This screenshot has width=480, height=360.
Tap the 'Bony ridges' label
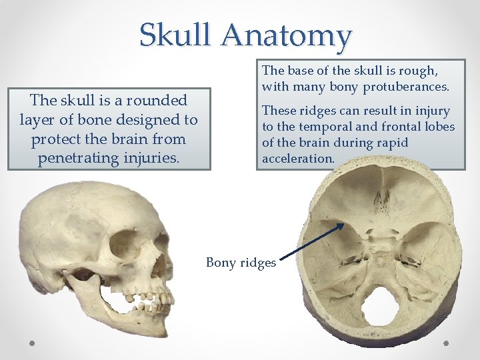click(x=241, y=263)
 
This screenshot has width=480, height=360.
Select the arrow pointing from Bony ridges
click(x=311, y=241)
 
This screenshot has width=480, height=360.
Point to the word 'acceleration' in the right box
click(x=297, y=159)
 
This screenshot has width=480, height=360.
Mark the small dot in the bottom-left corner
click(x=32, y=343)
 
